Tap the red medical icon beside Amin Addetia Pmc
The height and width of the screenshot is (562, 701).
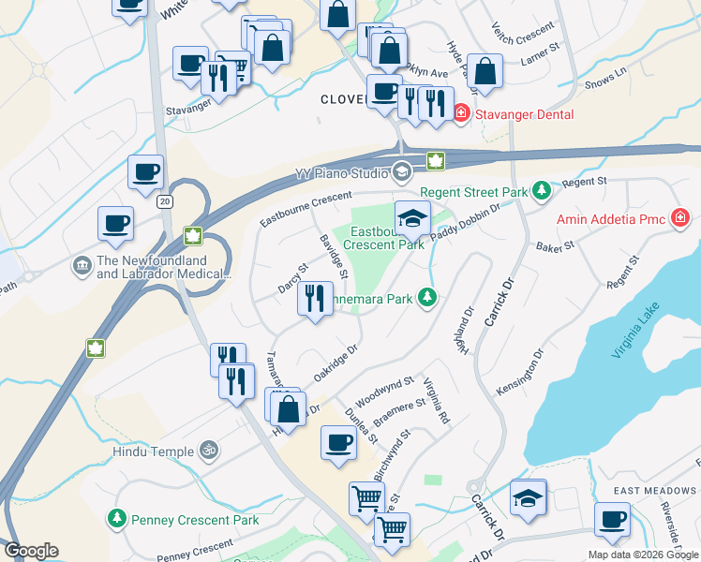point(681,219)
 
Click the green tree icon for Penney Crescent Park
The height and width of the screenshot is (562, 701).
point(117,518)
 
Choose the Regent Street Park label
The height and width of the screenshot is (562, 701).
point(474,191)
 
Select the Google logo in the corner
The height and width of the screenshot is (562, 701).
point(31,551)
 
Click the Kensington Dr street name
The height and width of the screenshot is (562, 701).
point(522,373)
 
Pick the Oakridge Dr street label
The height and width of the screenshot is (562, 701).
point(336,362)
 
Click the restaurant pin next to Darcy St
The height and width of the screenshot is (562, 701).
point(315,300)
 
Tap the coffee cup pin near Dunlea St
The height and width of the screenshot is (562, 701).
point(338,443)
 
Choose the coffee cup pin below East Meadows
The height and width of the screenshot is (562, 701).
point(613,520)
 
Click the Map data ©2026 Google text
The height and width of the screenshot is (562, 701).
point(642,555)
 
